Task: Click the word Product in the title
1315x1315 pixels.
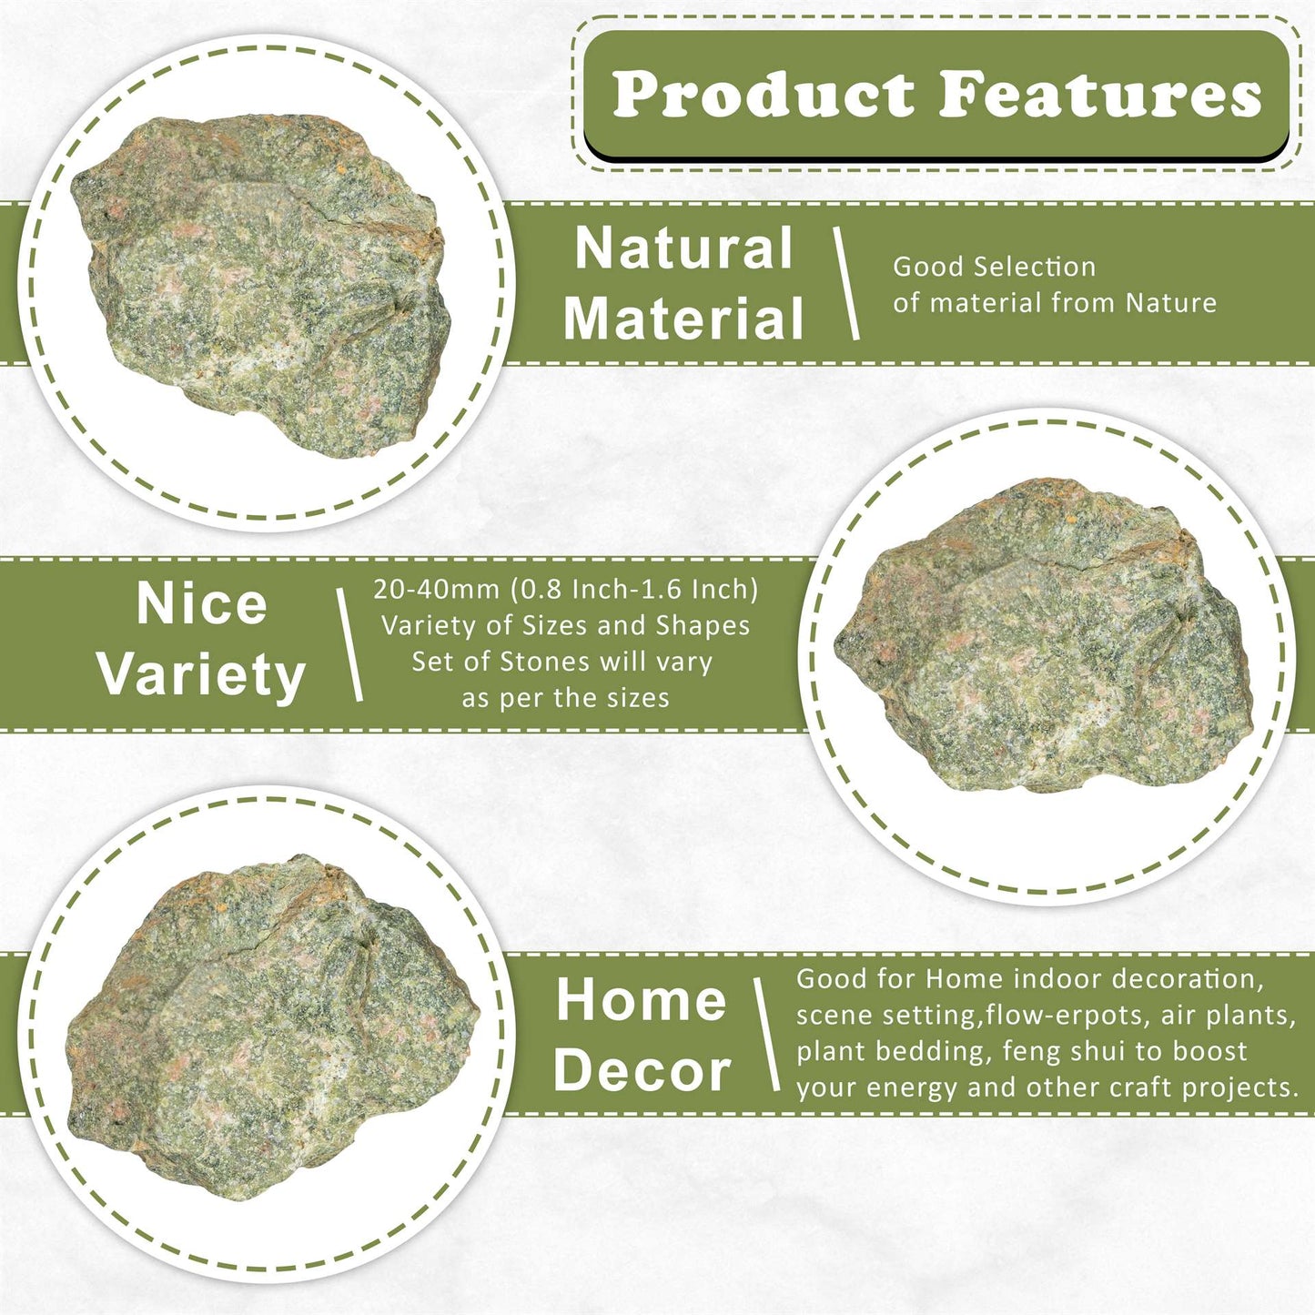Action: tap(764, 94)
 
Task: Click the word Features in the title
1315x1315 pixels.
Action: tap(1101, 94)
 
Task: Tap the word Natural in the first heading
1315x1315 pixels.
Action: tap(683, 248)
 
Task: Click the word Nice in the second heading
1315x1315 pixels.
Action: tap(202, 604)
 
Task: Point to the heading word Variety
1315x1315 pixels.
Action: tap(202, 675)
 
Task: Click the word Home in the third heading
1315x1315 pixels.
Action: tap(642, 1000)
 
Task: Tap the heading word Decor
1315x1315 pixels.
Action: tap(642, 1071)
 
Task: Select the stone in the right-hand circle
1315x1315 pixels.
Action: tap(1044, 635)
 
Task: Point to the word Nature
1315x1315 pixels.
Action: tap(1171, 302)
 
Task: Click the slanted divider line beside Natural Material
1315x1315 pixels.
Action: tap(846, 283)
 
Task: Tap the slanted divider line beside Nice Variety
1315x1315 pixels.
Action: tap(350, 644)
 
